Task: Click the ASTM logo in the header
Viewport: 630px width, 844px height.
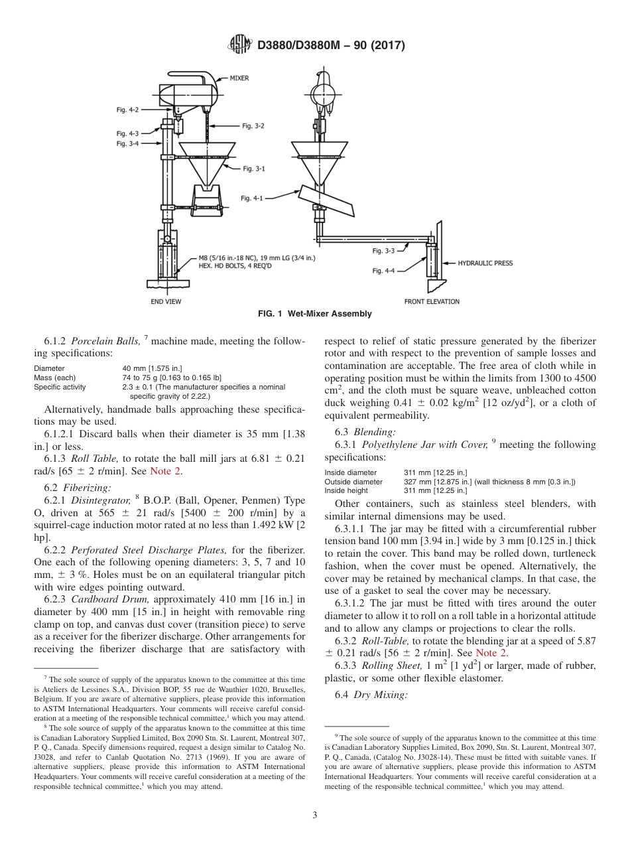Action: pos(239,45)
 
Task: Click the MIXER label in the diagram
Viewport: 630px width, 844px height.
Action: pos(239,78)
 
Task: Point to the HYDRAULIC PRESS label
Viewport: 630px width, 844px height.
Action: pos(485,263)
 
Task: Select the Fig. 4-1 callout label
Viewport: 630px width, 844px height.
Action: pos(251,198)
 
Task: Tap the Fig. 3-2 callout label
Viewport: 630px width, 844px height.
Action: pos(253,125)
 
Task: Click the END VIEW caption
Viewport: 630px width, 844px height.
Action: pos(166,301)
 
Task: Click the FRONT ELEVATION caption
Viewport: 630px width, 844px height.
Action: pos(431,301)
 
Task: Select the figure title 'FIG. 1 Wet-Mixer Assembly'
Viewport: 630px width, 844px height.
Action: pos(315,314)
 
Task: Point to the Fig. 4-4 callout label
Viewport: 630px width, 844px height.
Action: pos(383,271)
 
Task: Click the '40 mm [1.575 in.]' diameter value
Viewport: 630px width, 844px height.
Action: pos(152,368)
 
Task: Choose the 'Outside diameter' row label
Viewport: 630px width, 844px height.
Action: pos(353,482)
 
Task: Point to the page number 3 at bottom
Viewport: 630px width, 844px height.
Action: pos(315,815)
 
